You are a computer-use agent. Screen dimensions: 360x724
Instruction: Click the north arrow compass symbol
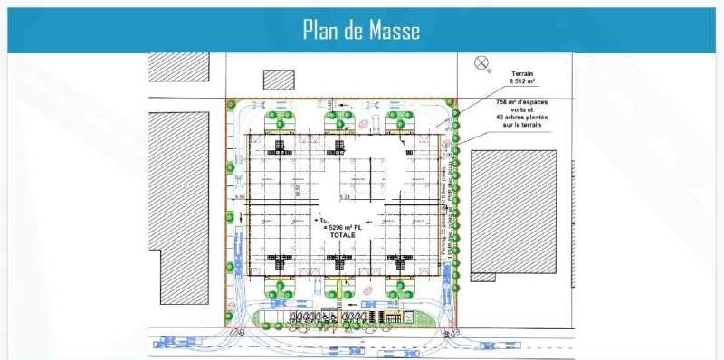click(x=482, y=63)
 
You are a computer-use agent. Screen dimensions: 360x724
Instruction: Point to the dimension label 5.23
click(x=344, y=196)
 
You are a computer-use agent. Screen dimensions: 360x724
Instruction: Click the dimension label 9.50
click(x=240, y=196)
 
